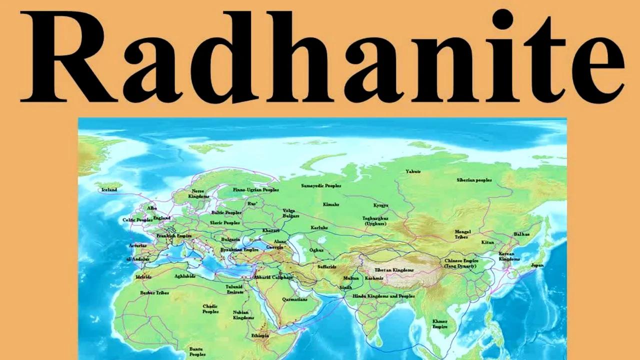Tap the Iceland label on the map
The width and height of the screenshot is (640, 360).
[x=109, y=190]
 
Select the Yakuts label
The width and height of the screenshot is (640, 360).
[x=413, y=171]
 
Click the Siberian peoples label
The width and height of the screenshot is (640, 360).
[x=474, y=180]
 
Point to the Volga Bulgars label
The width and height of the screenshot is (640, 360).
[x=291, y=213]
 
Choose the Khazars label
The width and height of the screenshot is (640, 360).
[x=270, y=230]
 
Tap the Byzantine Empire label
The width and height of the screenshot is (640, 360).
[x=239, y=249]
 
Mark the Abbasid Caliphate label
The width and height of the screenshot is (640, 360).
[x=273, y=277]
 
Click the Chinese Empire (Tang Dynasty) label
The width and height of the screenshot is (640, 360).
[x=460, y=263]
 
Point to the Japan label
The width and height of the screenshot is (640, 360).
[x=537, y=265]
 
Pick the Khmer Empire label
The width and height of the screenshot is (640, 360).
[x=440, y=324]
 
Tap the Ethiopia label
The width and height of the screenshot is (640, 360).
[x=260, y=335]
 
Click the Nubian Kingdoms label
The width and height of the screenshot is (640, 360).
[x=243, y=315]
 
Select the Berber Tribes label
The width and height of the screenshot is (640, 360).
[x=154, y=292]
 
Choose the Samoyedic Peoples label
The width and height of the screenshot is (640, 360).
[x=321, y=185]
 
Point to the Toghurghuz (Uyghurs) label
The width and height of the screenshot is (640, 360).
[x=375, y=221]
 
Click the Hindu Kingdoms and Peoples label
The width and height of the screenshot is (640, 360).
[x=383, y=296]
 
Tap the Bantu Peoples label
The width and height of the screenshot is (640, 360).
[x=197, y=351]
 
